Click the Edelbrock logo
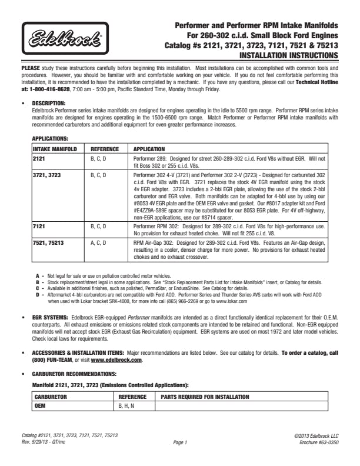coord(65,41)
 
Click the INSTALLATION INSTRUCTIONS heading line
coord(289,56)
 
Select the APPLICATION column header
coord(149,149)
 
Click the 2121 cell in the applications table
coord(39,159)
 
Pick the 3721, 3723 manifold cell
coord(47,175)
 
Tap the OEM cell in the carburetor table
coord(40,406)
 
